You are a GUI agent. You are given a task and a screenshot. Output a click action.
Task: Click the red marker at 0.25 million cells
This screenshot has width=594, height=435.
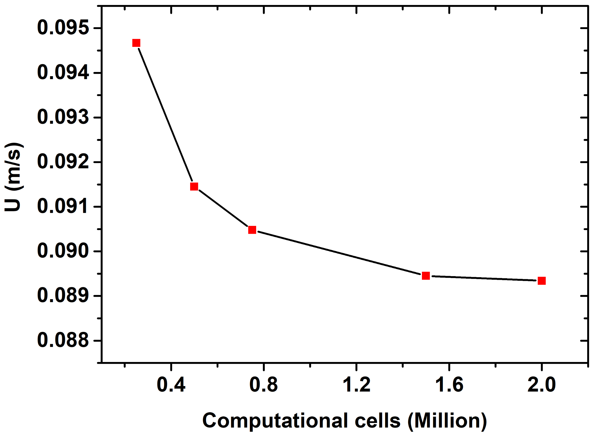136,43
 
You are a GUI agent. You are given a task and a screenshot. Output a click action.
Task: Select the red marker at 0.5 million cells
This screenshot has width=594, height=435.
194,186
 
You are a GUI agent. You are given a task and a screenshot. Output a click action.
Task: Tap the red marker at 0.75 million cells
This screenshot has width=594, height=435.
252,230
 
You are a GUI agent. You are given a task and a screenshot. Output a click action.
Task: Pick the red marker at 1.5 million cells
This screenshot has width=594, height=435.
426,276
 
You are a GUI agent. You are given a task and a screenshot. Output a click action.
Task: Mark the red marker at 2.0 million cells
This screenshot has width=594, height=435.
542,281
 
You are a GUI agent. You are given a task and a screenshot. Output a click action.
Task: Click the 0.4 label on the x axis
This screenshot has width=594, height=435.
171,385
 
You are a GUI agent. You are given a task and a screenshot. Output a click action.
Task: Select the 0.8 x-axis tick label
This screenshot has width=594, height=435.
263,385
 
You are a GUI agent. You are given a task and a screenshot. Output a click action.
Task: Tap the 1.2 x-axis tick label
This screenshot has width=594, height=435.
356,385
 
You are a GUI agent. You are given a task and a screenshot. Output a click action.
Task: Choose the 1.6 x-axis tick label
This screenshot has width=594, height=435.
449,385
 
